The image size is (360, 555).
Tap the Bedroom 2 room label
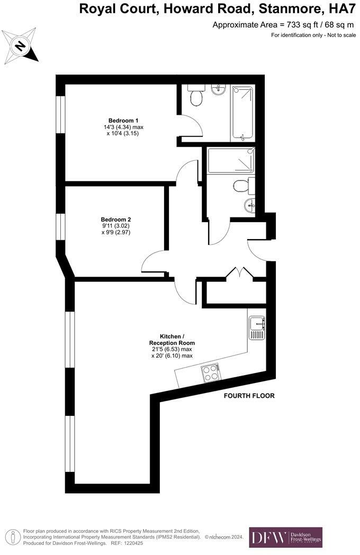click(x=116, y=220)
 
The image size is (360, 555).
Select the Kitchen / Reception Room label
click(x=172, y=339)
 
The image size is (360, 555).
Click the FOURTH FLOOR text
click(x=249, y=396)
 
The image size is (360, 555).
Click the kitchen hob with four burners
click(x=210, y=372)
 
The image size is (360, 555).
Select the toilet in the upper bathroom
click(x=195, y=96)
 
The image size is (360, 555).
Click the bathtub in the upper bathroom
click(x=242, y=112)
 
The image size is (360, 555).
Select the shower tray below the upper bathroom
click(x=231, y=161)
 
